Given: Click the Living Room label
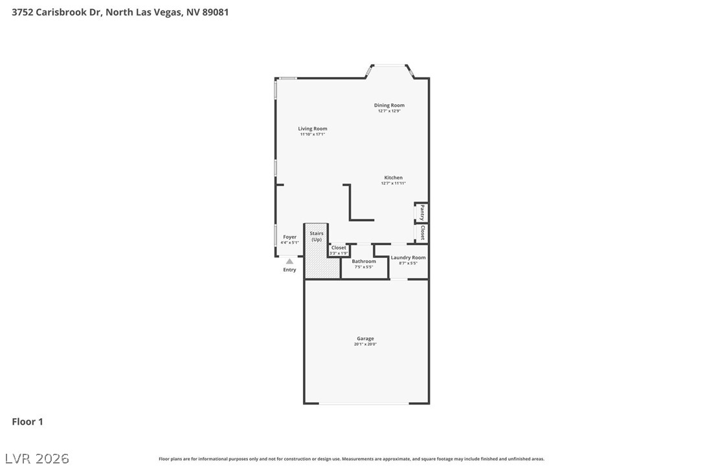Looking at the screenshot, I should (x=313, y=129).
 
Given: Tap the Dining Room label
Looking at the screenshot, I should (x=389, y=105).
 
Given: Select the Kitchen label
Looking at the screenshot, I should (x=393, y=178).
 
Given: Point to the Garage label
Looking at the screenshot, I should (x=365, y=339).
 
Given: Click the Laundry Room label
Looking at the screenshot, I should (x=408, y=257).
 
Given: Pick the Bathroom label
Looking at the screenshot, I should (x=364, y=261).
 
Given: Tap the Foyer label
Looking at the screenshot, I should (x=289, y=237).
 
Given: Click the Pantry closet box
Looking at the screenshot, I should (x=421, y=213).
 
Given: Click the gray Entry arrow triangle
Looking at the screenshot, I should (x=289, y=261).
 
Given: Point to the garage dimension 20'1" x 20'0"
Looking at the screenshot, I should (x=365, y=345).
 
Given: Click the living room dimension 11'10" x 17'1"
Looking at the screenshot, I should (x=313, y=134).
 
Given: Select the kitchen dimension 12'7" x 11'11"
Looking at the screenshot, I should (x=393, y=184).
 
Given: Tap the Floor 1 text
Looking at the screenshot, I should (x=27, y=421).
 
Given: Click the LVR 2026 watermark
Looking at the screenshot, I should (x=40, y=458).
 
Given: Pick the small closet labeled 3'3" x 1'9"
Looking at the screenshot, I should (x=339, y=250).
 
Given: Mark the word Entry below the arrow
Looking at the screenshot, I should (x=289, y=270).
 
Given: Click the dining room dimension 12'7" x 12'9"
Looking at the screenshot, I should (x=389, y=111).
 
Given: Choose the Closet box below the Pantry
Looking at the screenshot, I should (x=421, y=233).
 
